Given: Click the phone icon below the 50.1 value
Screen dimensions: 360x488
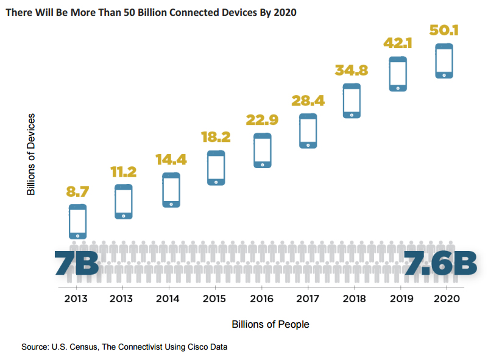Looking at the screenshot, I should point(444,60).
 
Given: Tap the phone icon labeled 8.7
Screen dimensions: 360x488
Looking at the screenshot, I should point(77,221).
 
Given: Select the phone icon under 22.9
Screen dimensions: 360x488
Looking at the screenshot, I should point(263,150).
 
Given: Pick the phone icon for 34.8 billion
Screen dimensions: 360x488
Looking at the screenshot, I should point(352,101).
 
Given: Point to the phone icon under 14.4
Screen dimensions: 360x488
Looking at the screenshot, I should point(171,189).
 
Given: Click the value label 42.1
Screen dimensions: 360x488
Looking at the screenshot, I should point(398,43).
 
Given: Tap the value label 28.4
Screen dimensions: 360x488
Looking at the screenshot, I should point(308,100).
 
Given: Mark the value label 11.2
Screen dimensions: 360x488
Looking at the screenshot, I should point(124,172).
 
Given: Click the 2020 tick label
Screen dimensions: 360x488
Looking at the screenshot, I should point(444,298).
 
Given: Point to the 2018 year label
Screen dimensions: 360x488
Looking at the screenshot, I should point(353,298).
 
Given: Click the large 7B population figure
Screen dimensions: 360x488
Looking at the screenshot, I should point(76,263).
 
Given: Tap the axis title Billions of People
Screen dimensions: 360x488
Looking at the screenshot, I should point(271,324).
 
